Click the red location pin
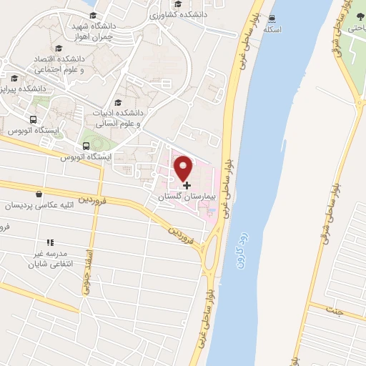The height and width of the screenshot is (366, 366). pos(184,167)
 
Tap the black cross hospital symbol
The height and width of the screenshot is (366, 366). pos(187,185)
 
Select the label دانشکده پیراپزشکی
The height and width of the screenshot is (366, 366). pos(25,89)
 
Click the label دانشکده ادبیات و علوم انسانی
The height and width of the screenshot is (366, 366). pos(119,117)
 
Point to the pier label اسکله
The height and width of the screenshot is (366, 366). pos(272,29)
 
